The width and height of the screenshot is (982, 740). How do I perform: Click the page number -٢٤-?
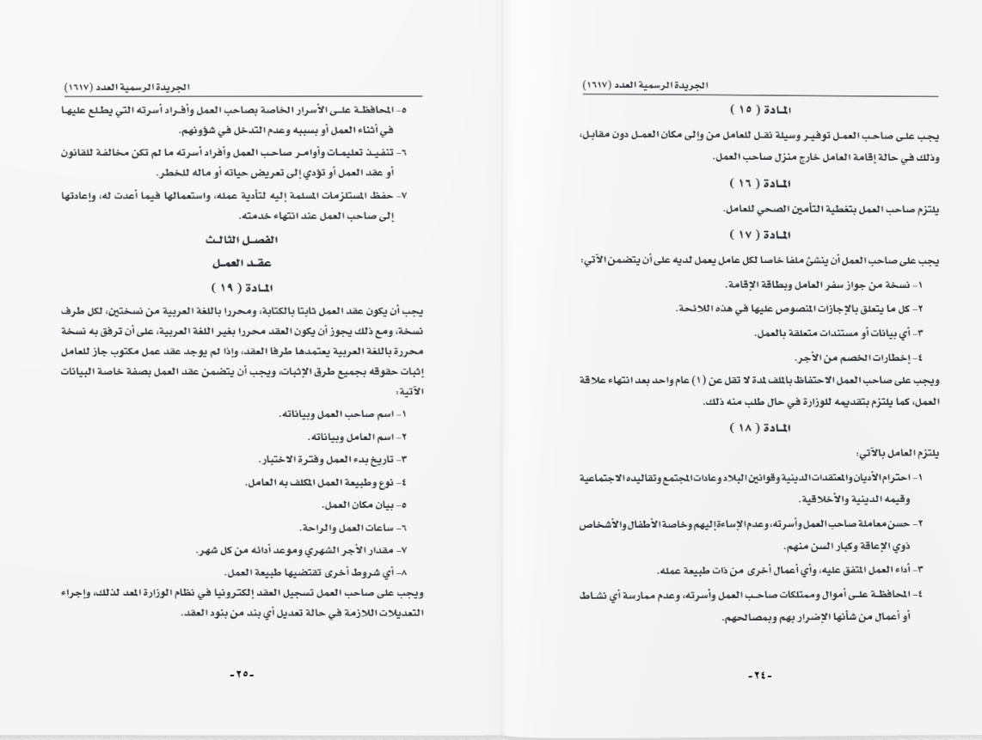(760, 675)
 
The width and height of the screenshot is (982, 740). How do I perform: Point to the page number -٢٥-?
(242, 675)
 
